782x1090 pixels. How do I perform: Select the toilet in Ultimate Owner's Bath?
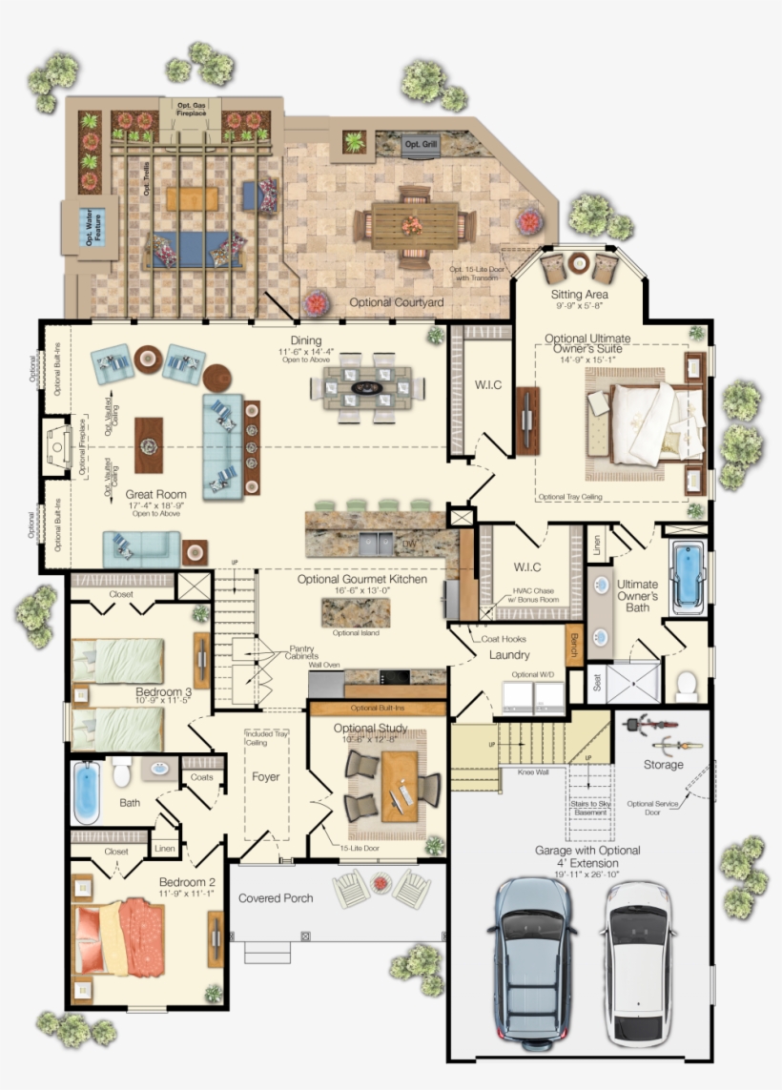point(686,683)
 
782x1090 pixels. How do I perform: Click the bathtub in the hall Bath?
point(87,791)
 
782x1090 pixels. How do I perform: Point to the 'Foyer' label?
point(266,777)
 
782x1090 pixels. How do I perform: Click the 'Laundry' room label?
point(509,655)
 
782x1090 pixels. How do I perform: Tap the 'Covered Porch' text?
point(276,898)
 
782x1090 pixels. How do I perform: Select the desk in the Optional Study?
point(400,784)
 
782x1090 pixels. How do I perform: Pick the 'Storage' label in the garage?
point(663,765)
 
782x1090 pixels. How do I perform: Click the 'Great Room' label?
point(155,495)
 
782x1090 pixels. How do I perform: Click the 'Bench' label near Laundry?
point(574,646)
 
